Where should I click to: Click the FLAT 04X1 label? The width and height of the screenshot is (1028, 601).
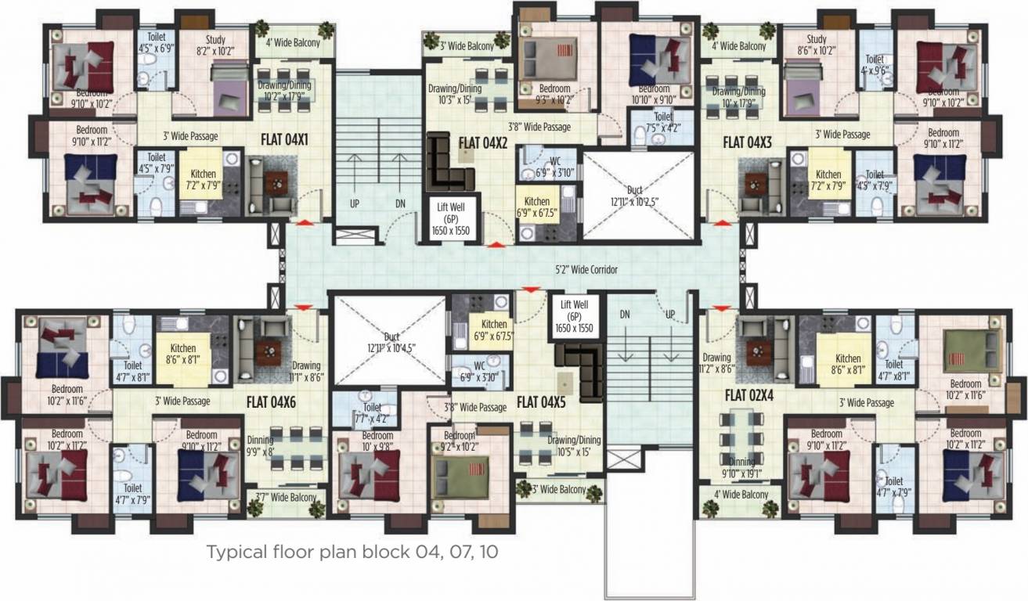[x=284, y=141]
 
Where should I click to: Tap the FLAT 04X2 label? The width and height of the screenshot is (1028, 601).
[x=484, y=142]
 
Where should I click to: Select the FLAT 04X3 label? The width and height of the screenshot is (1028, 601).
[x=747, y=142]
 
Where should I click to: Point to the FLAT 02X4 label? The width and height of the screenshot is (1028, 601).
[x=748, y=394]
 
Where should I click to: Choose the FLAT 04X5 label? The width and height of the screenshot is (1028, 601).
[x=540, y=402]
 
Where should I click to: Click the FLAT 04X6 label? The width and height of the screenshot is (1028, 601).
[x=270, y=402]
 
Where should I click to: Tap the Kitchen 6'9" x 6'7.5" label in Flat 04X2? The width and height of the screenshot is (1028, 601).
[x=537, y=207]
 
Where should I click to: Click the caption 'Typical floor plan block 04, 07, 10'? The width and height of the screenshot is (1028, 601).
[x=352, y=552]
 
